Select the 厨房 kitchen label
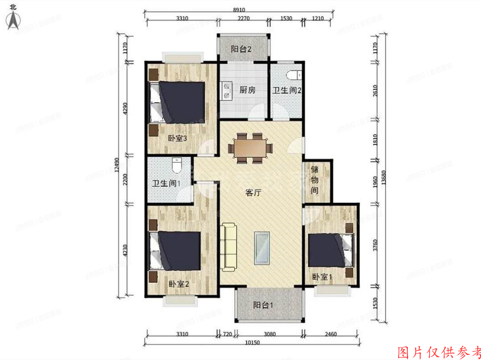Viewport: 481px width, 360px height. (247, 90)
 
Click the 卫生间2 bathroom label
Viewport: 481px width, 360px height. (287, 90)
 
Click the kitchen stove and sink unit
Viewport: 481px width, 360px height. (227, 92)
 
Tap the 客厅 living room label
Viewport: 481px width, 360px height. (252, 193)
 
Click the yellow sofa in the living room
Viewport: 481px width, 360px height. (228, 246)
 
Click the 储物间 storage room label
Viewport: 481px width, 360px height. (315, 179)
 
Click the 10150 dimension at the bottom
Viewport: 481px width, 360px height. (251, 343)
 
